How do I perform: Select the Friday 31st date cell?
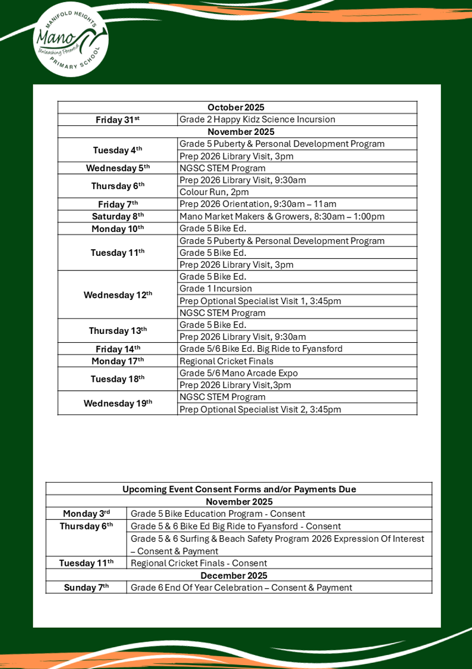tap(118, 119)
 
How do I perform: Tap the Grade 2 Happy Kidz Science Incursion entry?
tap(257, 119)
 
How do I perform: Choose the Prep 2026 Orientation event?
tap(257, 204)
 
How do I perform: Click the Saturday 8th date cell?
tap(118, 216)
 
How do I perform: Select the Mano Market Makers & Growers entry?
tap(281, 216)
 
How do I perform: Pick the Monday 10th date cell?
tap(118, 229)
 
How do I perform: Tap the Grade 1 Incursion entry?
tap(216, 289)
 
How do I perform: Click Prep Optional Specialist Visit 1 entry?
tap(260, 301)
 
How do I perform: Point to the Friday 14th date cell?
tap(118, 349)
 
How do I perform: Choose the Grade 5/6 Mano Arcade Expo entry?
tap(239, 373)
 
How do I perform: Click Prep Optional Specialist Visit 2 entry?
tap(260, 409)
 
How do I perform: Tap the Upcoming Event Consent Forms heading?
tap(239, 489)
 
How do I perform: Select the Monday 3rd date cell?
tap(86, 513)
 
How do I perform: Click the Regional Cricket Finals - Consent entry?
tap(199, 563)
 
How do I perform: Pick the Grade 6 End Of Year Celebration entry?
tap(241, 588)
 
